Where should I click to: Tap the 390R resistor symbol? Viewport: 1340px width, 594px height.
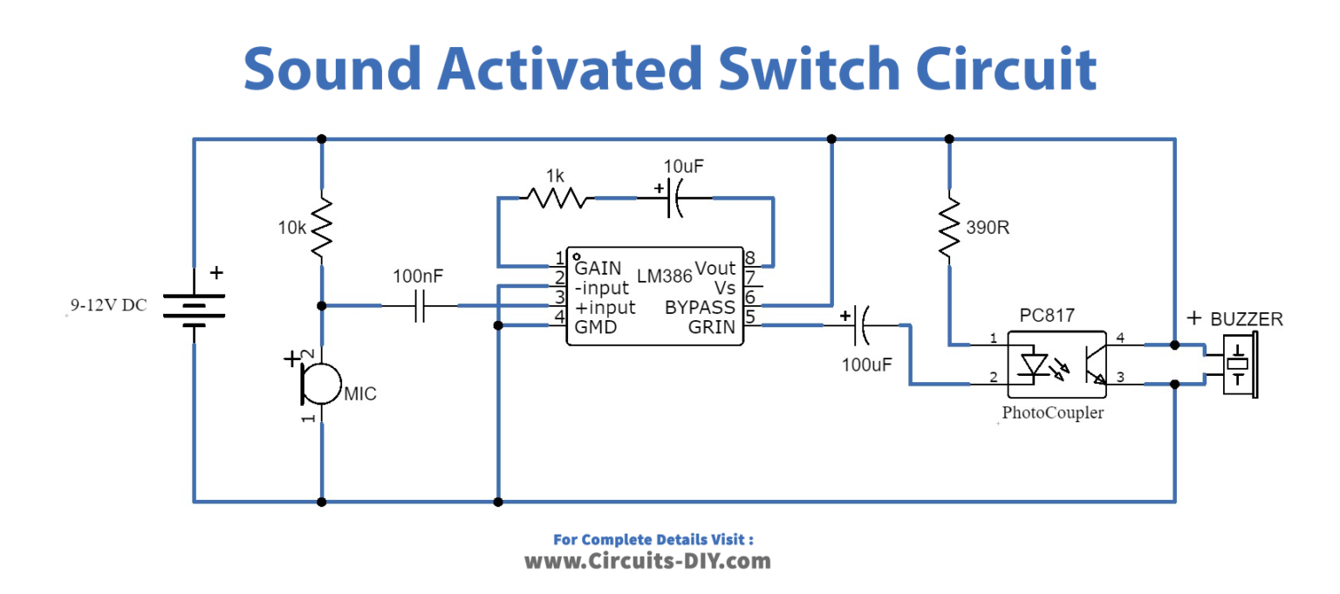948,228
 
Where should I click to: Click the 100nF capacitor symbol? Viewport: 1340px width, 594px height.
419,305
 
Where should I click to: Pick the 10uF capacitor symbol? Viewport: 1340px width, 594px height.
674,199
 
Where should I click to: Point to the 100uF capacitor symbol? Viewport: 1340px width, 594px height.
859,325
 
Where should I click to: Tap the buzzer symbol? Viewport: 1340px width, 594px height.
1238,364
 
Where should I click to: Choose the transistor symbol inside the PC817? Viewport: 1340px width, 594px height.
1091,364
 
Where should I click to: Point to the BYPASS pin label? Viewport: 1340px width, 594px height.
700,308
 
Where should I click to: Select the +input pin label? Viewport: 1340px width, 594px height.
605,308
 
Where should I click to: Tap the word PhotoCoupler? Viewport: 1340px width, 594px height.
1052,413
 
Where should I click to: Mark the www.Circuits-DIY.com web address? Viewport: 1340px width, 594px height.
647,561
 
